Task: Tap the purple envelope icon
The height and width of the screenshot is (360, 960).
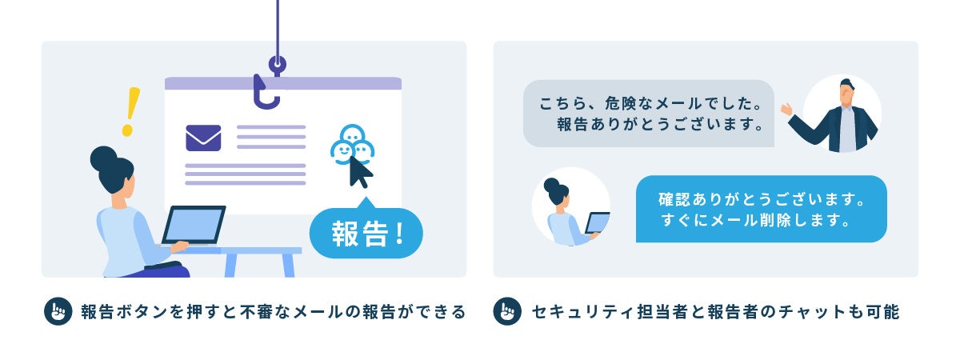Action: point(203,138)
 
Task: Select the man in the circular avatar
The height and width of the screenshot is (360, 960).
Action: point(842,116)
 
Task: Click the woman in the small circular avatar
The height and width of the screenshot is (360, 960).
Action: point(570,210)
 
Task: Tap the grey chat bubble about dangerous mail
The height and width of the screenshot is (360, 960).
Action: point(648,114)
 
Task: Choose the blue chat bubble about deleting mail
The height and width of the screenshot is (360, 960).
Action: point(761,209)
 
